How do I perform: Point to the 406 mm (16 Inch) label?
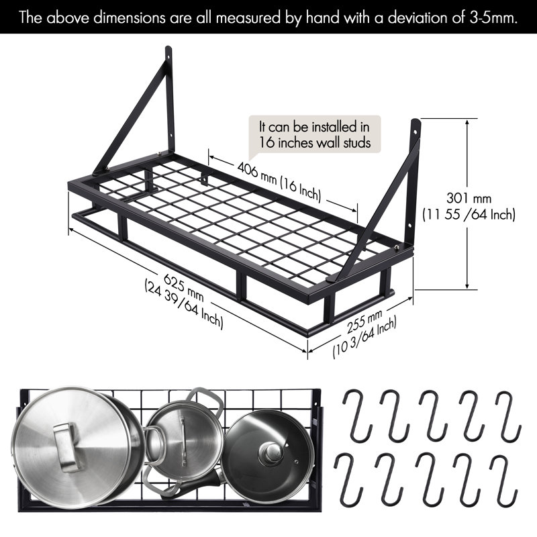pyautogui.click(x=279, y=181)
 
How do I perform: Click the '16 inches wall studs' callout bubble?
pyautogui.click(x=315, y=134)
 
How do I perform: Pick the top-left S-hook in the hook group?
pyautogui.click(x=357, y=415)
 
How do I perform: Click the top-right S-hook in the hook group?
pyautogui.click(x=509, y=416)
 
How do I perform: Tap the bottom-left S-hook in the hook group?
pyautogui.click(x=348, y=479)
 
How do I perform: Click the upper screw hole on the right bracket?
pyautogui.click(x=416, y=132)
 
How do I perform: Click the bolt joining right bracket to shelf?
pyautogui.click(x=397, y=247)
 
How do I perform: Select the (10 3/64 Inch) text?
pyautogui.click(x=365, y=338)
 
